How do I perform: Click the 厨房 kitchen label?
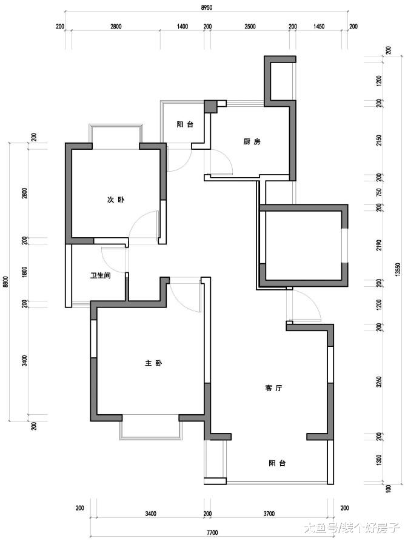252,142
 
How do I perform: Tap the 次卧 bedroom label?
116,200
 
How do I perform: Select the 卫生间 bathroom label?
101,276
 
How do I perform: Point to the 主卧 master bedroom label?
153,363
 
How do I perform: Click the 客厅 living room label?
273,388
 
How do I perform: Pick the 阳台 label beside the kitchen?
185,124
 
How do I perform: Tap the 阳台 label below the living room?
277,463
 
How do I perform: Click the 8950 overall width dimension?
206,7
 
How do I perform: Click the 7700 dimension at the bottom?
212,533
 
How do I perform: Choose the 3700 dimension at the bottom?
269,514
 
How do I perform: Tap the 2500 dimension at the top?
250,27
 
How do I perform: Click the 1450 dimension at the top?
319,27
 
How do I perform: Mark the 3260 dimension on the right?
380,381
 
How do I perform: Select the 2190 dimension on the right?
380,245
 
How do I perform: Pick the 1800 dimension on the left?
24,272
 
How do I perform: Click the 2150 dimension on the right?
380,140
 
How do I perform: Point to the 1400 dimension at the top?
182,27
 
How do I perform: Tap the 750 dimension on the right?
380,192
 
